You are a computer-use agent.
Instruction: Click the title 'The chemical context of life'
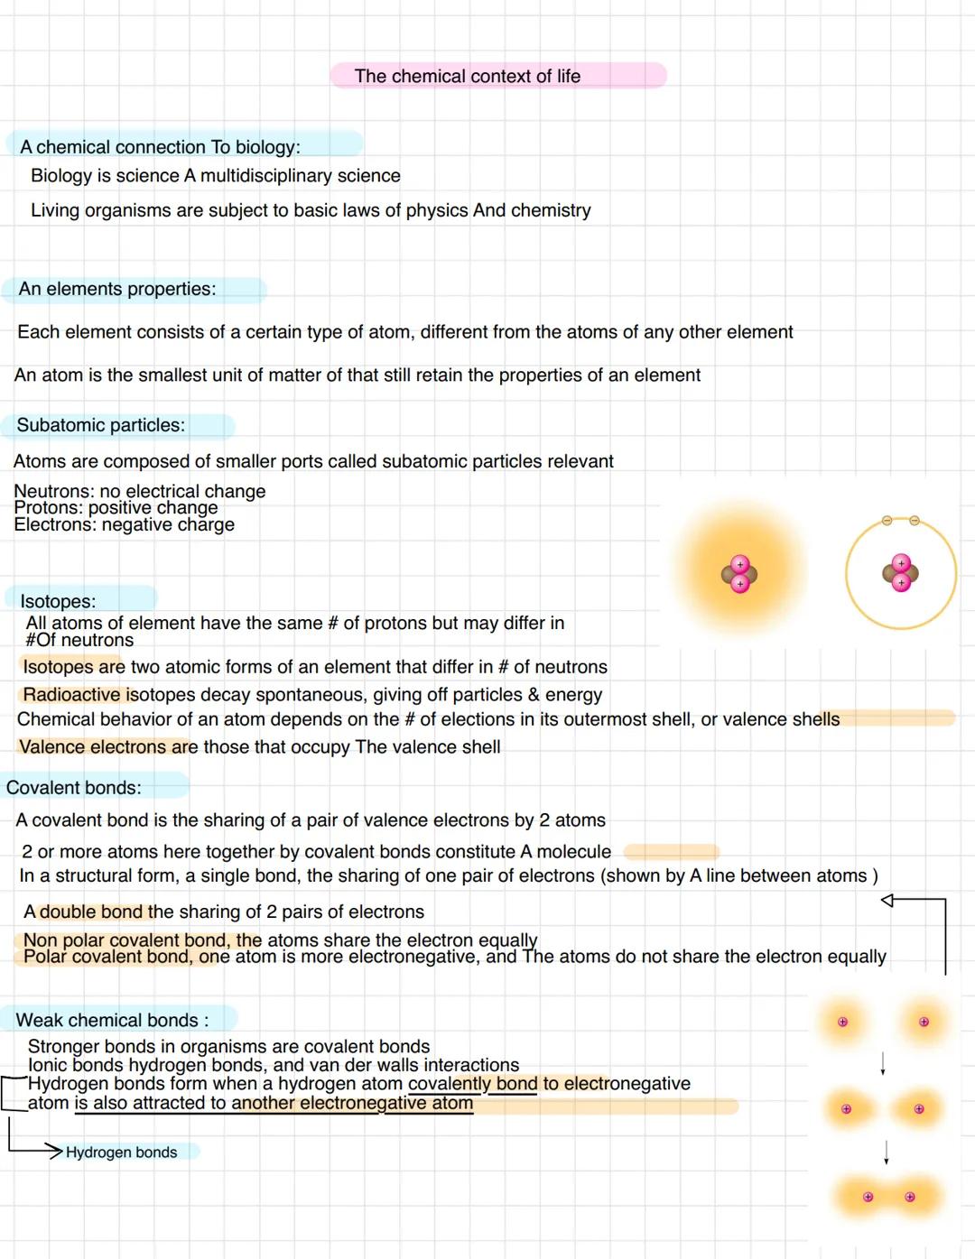point(467,77)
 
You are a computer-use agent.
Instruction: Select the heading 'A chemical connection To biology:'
point(160,147)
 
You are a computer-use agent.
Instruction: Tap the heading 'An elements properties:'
point(117,289)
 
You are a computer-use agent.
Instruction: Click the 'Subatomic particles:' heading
point(100,425)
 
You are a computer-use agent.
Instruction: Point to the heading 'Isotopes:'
point(58,601)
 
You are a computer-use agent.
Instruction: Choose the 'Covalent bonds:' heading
point(74,788)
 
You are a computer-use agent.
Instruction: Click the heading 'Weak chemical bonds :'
point(112,1020)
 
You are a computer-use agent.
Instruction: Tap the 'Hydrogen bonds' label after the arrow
point(121,1153)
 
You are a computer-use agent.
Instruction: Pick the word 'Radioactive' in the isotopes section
point(71,695)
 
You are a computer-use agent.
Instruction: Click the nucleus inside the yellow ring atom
point(900,573)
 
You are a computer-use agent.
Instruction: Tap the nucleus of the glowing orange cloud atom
point(739,574)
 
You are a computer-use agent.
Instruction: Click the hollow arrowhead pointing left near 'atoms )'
point(887,900)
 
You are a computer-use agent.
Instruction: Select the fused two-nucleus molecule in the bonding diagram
point(888,1197)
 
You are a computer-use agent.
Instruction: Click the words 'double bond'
point(91,912)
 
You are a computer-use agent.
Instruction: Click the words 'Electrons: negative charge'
point(124,525)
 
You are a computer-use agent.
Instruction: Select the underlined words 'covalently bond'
point(472,1084)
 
